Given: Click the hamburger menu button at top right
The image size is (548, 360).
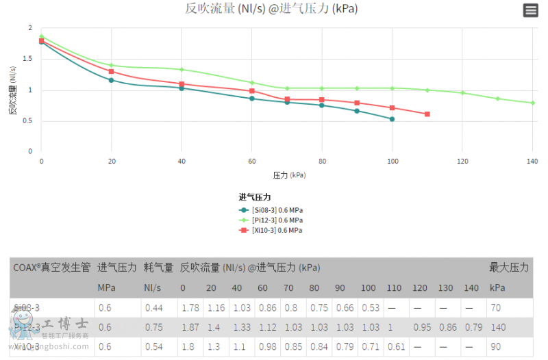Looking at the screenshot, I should point(530,10).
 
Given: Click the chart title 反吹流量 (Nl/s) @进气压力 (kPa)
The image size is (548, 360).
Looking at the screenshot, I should point(271,9).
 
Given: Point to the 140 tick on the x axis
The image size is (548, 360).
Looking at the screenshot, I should point(532,161).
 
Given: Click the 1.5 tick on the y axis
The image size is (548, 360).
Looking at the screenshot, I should point(30,59).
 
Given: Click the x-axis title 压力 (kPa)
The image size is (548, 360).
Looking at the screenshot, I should point(289,175).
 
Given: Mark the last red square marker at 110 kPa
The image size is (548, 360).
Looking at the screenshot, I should point(427,114).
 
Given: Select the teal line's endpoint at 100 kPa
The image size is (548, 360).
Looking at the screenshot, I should point(392,119).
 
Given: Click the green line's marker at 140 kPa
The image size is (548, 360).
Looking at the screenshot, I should point(532,103).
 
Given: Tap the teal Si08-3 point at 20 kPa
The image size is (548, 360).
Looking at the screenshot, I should point(111,80).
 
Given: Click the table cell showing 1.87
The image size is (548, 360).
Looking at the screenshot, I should point(189,327).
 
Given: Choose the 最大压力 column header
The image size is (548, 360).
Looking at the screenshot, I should point(509,268).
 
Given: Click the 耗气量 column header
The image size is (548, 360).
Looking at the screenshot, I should point(158,268).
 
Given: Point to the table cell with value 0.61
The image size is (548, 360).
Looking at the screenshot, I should point(396,346).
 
